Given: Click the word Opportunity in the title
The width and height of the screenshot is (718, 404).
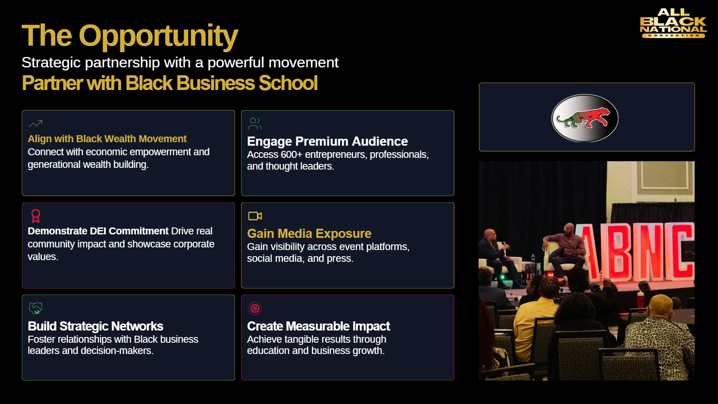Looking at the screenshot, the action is tap(159, 36).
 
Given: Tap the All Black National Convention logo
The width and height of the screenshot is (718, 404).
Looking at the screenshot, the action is tap(673, 23).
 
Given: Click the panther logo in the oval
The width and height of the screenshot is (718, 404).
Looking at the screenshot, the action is tap(585, 118).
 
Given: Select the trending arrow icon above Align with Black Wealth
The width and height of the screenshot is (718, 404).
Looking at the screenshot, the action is tap(36, 124).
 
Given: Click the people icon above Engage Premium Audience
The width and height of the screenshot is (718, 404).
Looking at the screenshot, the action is tap(255, 124).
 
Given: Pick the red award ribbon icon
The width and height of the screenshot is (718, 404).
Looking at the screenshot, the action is tap(36, 216).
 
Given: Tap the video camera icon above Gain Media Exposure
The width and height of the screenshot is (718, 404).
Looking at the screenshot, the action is tap(255, 216).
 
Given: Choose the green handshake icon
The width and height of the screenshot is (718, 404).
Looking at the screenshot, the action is tap(36, 308).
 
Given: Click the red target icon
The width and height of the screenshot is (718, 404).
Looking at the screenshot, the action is tap(255, 308).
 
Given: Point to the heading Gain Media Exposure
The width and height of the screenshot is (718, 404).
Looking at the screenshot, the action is tap(309, 234).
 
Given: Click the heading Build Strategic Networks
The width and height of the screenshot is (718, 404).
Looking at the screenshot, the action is tap(96, 326).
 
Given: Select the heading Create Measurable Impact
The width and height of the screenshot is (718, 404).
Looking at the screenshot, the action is tap(318, 326).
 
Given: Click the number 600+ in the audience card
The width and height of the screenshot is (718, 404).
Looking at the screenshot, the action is tap(291, 155).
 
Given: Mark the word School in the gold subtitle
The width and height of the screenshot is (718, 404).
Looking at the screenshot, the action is tap(288, 83).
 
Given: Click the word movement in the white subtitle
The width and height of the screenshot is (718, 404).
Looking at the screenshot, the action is tap(303, 63).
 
